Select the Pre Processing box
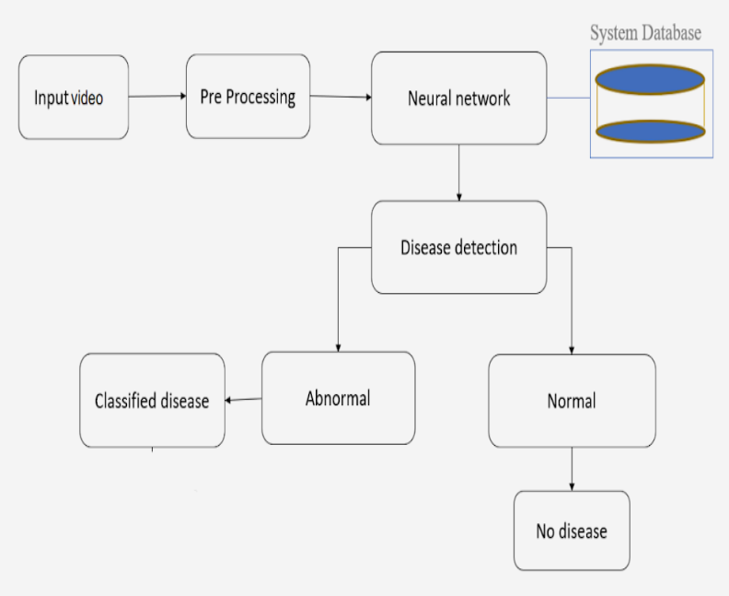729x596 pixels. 248,96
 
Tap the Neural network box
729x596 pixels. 458,98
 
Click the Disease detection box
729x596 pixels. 458,247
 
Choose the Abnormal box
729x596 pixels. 338,398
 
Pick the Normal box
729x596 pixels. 572,401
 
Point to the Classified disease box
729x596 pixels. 152,401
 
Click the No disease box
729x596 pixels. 572,531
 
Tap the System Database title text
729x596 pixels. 645,33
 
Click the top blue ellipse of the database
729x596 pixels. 650,79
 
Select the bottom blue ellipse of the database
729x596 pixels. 650,131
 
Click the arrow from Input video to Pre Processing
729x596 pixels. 156,96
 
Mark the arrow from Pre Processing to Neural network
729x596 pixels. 340,96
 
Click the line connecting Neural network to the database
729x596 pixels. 568,98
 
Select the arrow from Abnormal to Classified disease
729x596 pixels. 244,399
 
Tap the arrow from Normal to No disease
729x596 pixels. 572,469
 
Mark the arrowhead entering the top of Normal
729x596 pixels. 572,349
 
